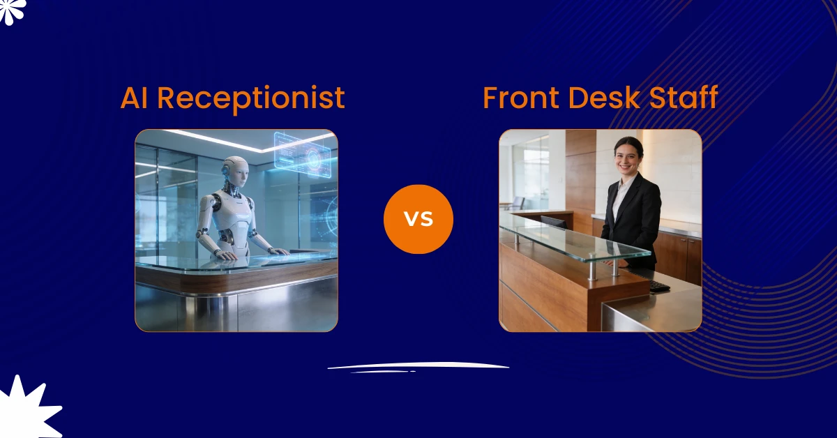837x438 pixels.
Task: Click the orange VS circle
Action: [418, 219]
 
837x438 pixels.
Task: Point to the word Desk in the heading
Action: [605, 98]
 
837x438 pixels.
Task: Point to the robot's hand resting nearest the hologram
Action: [277, 250]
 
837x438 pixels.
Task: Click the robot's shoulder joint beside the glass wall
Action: [211, 203]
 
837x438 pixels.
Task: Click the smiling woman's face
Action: [628, 158]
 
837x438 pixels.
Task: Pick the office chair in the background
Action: [517, 203]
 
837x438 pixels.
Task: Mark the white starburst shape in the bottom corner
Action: [28, 408]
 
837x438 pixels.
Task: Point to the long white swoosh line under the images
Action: [418, 366]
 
